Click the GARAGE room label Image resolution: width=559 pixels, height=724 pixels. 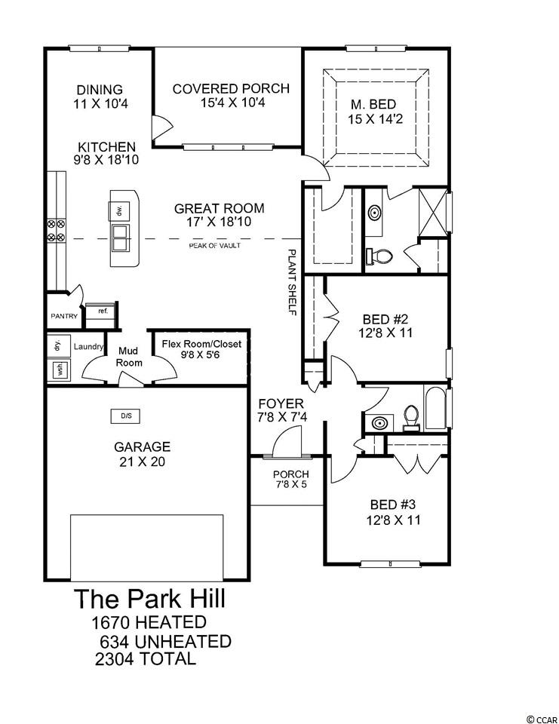(x=143, y=447)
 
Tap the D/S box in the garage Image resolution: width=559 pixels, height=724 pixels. (x=126, y=416)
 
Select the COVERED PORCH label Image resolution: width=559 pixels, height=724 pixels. (x=231, y=89)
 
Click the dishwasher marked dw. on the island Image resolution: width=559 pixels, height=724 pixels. (x=119, y=211)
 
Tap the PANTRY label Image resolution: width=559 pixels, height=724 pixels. (x=64, y=316)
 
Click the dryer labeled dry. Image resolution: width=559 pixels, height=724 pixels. (x=59, y=345)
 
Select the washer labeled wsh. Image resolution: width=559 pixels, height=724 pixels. (x=59, y=370)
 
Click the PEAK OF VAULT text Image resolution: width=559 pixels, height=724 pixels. (x=215, y=246)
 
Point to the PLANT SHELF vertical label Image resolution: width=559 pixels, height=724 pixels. (x=291, y=282)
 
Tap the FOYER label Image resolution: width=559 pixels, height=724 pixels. (x=281, y=403)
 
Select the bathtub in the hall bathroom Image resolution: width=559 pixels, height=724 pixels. (x=435, y=408)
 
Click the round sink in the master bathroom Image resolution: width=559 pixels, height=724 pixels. (x=375, y=213)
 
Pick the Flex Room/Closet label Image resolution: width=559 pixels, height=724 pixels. (x=201, y=344)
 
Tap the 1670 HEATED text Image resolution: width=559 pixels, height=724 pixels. (x=149, y=622)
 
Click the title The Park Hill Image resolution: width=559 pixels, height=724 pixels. (x=149, y=598)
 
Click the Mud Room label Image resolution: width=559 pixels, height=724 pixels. (x=128, y=357)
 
